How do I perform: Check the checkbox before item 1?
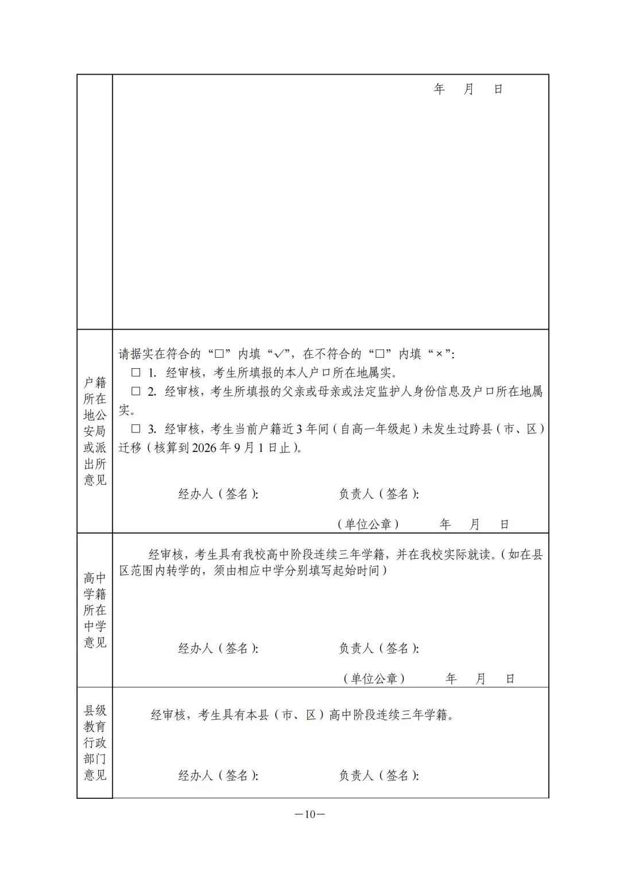coord(136,373)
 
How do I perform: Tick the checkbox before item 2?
coord(136,392)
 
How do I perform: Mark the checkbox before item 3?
coord(136,429)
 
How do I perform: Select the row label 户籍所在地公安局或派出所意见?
coord(95,431)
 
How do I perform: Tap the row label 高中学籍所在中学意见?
coord(95,610)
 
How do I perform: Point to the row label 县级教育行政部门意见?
coord(95,743)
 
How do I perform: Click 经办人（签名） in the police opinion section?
coord(218,494)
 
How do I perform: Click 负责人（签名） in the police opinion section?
coord(378,494)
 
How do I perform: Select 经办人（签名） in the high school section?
coord(218,648)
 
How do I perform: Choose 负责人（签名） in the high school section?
coord(378,648)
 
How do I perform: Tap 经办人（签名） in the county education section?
coord(218,775)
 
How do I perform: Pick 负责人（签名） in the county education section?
coord(378,775)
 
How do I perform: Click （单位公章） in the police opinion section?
coord(368,524)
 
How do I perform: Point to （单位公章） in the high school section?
coord(374,678)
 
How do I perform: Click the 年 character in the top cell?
coord(439,89)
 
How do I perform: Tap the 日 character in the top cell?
coord(498,89)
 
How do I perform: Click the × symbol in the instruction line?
coord(439,354)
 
